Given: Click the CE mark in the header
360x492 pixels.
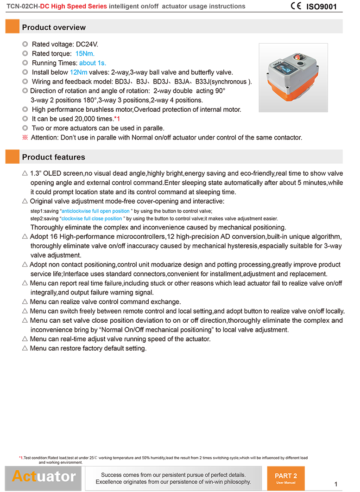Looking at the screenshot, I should (x=296, y=6).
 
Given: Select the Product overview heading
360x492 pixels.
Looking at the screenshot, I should (x=54, y=27).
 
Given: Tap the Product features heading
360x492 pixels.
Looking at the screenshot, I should (x=53, y=157).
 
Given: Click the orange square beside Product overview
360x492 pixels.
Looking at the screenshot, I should (x=12, y=26).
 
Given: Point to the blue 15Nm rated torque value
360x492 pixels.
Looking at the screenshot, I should (x=85, y=54).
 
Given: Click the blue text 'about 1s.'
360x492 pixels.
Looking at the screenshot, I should (x=93, y=63).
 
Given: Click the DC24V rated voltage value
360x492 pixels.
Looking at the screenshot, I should (x=87, y=45).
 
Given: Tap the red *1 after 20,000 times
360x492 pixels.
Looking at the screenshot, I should (x=117, y=119).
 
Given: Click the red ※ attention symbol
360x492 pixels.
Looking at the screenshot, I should (x=25, y=137).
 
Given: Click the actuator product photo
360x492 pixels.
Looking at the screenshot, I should (x=293, y=77).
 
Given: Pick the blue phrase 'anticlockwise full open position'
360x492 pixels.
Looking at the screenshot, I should (x=96, y=211).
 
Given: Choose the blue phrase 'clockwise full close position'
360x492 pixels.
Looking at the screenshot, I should (x=92, y=218).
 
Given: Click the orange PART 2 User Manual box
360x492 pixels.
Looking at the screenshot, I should (x=286, y=478).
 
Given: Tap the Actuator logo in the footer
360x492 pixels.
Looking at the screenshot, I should (x=44, y=477).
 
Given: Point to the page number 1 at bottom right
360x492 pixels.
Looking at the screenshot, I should (x=335, y=485).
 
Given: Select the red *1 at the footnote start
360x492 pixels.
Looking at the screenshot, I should (x=21, y=458).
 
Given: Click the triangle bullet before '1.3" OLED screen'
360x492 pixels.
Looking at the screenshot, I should (x=25, y=173).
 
